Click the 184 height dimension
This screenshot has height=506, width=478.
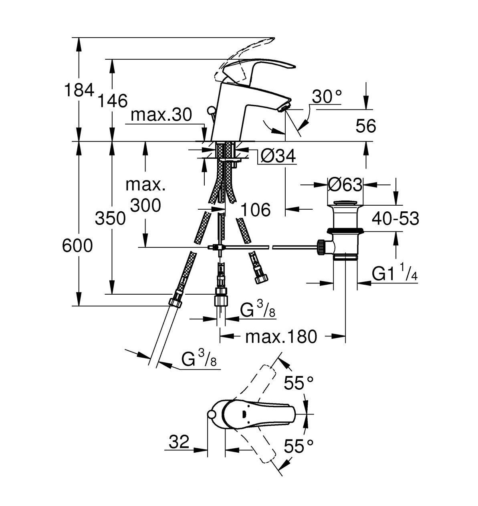coord(79,90)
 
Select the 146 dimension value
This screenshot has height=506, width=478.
coord(113,101)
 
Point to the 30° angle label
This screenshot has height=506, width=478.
coord(327,97)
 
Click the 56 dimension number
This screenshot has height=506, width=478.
coord(366,126)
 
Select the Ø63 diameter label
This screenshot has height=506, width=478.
coord(345,184)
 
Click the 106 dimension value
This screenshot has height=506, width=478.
coord(256,209)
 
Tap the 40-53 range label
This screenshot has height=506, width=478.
coord(395,219)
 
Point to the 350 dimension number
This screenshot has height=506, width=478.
coord(110,219)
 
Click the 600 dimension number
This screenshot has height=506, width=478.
coord(77,245)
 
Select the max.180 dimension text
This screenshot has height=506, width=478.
coord(281,336)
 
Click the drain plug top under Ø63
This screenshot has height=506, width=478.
coord(345,202)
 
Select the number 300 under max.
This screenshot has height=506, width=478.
coord(145,205)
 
